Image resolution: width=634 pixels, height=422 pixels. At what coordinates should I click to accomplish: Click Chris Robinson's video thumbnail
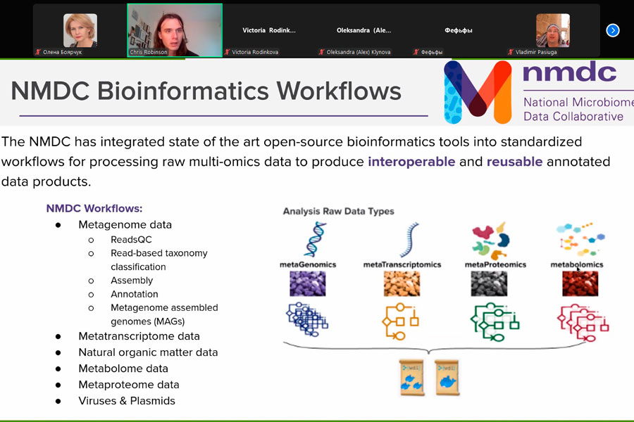(x=175, y=30)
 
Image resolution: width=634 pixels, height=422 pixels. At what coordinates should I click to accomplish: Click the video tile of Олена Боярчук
(x=80, y=30)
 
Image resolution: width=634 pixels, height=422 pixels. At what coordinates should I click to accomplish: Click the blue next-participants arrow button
(x=613, y=30)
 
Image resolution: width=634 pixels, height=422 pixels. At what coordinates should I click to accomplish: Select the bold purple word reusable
(x=514, y=162)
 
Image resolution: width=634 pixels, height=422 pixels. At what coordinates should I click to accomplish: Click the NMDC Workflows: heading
(x=94, y=208)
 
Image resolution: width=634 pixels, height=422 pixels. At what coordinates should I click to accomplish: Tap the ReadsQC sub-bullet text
(x=131, y=239)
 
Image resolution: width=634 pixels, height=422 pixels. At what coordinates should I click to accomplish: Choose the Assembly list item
(x=132, y=280)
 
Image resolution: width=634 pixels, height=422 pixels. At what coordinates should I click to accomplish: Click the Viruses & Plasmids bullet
(x=127, y=401)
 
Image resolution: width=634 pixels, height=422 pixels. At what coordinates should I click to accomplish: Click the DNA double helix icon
(x=315, y=239)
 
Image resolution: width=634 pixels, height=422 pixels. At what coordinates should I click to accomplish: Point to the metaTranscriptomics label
(x=402, y=265)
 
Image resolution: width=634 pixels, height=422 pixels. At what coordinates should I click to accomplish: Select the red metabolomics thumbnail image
(x=580, y=283)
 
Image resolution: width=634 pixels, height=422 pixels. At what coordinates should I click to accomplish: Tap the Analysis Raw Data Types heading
(x=338, y=211)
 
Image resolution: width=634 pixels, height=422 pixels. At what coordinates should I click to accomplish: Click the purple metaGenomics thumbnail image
(x=307, y=283)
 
